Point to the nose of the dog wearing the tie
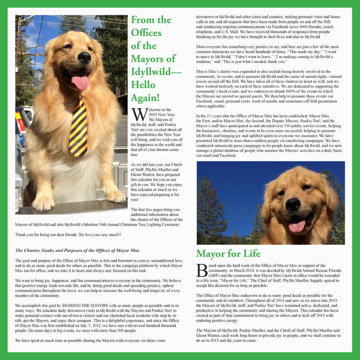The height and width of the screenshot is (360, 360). pos(84,57)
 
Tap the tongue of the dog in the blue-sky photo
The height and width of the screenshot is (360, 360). pos(297,226)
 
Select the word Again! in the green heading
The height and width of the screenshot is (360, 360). pos(143,98)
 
